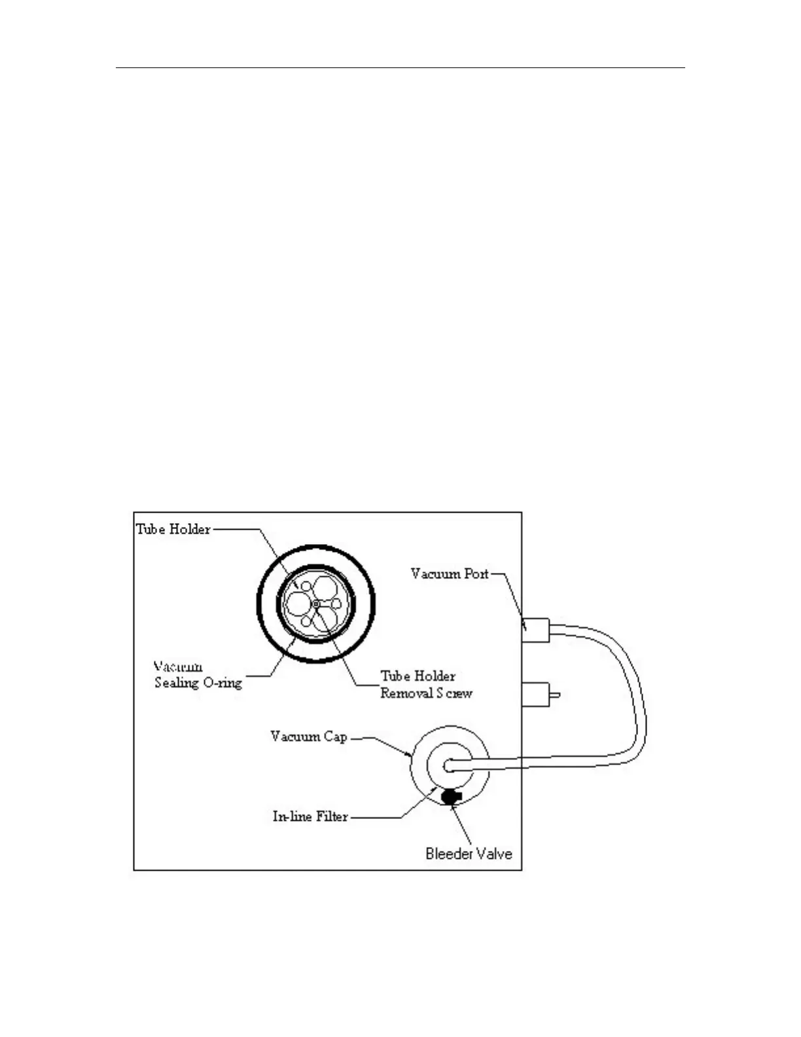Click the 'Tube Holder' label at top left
click(173, 529)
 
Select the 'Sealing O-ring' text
click(198, 683)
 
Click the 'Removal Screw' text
click(426, 693)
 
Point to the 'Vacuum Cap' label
click(308, 737)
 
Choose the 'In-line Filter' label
click(310, 816)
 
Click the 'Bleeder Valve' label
click(469, 854)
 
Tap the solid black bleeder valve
click(451, 796)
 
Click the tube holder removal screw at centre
click(315, 603)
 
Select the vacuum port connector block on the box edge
click(535, 630)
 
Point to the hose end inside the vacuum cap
click(449, 765)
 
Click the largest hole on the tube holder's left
click(298, 602)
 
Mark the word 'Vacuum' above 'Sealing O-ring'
click(178, 667)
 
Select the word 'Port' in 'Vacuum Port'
click(475, 574)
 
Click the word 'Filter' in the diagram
click(331, 816)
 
